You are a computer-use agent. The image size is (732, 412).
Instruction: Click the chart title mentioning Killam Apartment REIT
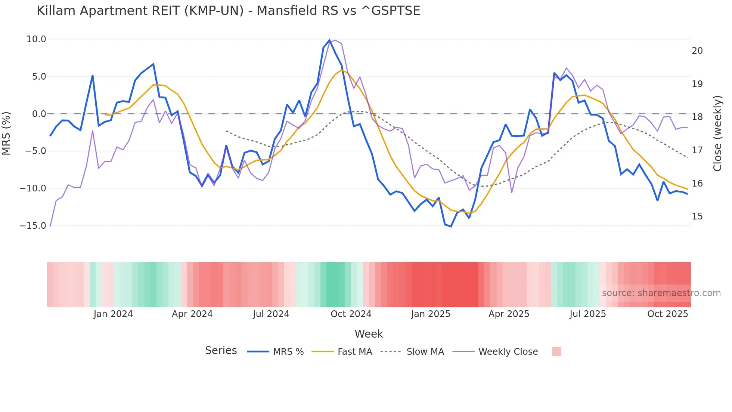[228, 11]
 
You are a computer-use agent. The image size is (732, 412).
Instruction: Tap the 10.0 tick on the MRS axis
[36, 39]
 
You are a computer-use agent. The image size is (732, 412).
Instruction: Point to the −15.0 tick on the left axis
[33, 226]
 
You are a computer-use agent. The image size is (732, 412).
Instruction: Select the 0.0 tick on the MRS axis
[39, 114]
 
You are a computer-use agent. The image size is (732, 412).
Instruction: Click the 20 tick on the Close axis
[697, 51]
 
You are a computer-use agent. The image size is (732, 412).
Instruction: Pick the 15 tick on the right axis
[697, 216]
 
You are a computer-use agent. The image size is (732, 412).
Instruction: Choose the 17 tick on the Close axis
[697, 150]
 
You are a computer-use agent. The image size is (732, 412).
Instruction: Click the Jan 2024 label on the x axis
[113, 314]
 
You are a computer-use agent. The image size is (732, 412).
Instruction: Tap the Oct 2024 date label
[351, 314]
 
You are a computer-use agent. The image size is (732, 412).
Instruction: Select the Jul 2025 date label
[587, 314]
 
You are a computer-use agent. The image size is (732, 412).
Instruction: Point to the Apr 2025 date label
[509, 314]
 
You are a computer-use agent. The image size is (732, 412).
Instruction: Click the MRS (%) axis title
[6, 133]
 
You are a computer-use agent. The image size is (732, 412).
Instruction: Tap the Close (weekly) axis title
[717, 133]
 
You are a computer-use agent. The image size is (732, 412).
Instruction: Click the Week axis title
[369, 334]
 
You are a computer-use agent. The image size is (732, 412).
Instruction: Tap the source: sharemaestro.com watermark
[661, 293]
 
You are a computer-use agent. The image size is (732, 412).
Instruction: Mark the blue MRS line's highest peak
[329, 40]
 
